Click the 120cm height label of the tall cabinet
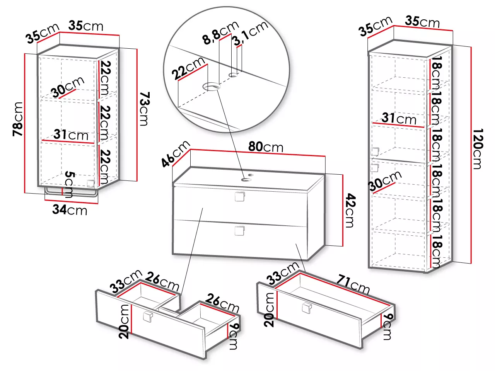[x=478, y=149]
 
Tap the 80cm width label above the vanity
[x=266, y=146]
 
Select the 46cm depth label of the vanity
[x=176, y=154]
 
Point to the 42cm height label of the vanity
[x=350, y=210]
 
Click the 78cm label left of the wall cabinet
[x=18, y=119]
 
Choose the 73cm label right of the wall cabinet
[x=144, y=109]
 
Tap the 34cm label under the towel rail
[x=70, y=210]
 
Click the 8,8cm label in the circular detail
[x=221, y=32]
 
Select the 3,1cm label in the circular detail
[x=251, y=33]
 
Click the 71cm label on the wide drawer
[x=353, y=284]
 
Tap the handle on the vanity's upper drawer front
[x=239, y=196]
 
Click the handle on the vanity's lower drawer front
[x=239, y=231]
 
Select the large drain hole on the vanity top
[x=246, y=180]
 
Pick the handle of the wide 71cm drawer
[x=307, y=308]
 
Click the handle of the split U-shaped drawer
[x=148, y=317]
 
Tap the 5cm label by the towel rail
[x=69, y=184]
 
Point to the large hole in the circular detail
[x=212, y=87]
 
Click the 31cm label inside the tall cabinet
[x=399, y=119]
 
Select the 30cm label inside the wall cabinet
[x=68, y=87]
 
